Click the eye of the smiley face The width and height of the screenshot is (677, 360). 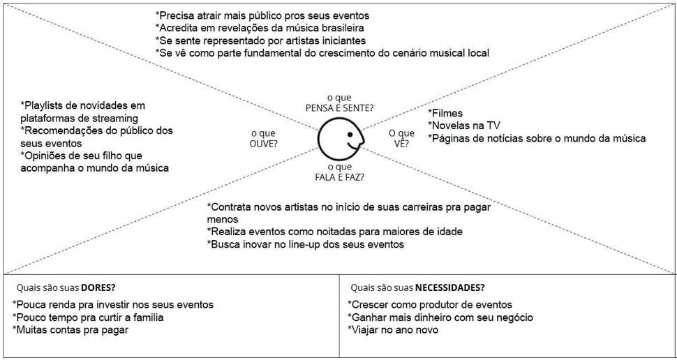[350, 134]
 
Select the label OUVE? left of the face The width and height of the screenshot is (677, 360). [263, 144]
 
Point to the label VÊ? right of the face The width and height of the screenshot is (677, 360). [401, 144]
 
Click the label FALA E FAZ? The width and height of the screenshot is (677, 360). [339, 177]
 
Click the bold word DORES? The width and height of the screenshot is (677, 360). [98, 287]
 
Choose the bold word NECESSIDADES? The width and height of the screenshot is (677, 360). [449, 287]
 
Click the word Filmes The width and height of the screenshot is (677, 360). [447, 113]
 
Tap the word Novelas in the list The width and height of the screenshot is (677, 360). [453, 126]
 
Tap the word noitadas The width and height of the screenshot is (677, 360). [332, 232]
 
